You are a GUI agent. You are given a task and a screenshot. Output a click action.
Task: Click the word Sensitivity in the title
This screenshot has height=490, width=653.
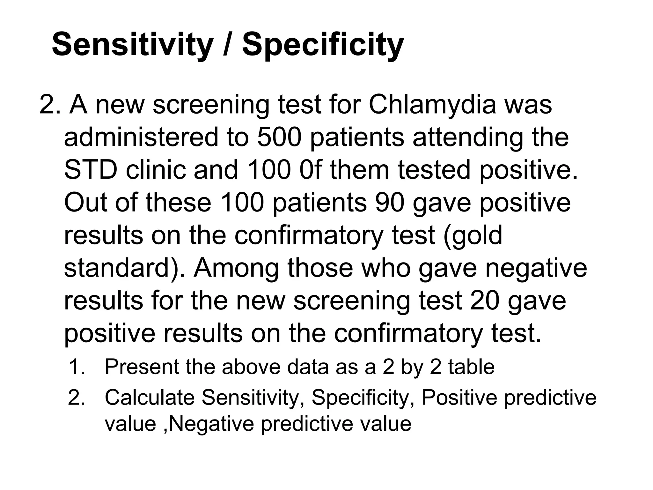132,45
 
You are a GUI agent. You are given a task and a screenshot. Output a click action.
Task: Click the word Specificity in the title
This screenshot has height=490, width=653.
323,45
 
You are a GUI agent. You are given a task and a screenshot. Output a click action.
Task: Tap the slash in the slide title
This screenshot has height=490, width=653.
227,45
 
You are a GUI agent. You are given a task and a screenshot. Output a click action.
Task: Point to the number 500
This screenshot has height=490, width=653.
279,137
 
